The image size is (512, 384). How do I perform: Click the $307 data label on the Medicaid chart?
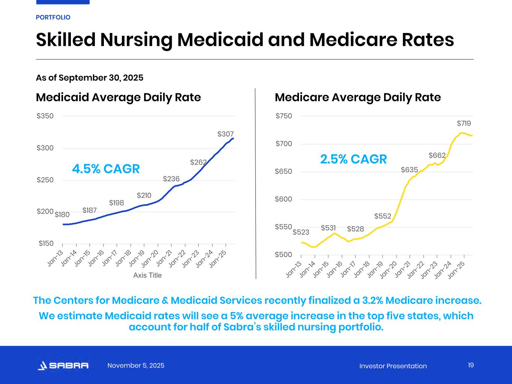[225, 134]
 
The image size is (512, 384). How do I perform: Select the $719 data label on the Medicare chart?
[464, 123]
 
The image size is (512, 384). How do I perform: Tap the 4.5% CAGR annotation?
[106, 169]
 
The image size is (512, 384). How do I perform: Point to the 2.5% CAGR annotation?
[353, 159]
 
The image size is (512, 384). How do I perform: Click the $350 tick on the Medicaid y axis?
[45, 116]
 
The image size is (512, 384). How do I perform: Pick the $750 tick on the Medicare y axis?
[284, 116]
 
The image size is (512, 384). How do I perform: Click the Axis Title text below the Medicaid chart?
[147, 275]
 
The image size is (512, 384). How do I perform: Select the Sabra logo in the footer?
[63, 366]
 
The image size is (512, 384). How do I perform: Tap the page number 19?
[471, 365]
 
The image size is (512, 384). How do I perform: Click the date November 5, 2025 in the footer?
[136, 366]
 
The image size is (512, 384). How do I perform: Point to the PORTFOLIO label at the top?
[53, 17]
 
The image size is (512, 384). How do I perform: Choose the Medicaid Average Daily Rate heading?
[118, 97]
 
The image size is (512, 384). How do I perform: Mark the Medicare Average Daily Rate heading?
[357, 97]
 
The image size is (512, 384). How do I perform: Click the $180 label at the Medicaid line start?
[62, 215]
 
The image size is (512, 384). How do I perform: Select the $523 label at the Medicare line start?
[301, 232]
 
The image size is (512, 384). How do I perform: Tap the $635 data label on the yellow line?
[409, 170]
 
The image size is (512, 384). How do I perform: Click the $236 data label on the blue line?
[171, 179]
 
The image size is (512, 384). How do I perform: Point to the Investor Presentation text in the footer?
[393, 366]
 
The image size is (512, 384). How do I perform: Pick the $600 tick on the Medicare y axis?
[284, 199]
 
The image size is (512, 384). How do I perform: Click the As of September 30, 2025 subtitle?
[90, 78]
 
